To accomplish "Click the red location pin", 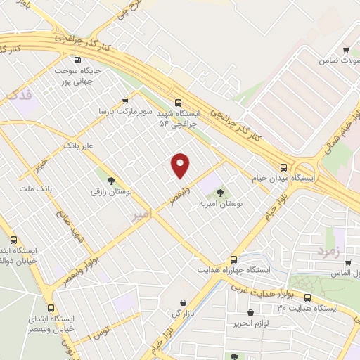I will (x=181, y=165).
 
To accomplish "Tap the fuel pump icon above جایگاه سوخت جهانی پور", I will (x=78, y=60).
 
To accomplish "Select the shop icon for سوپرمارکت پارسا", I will (x=125, y=101).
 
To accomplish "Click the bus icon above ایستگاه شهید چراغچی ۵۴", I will (x=179, y=101).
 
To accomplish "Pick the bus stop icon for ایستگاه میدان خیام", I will (x=283, y=167).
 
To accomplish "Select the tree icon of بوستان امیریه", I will (x=220, y=192).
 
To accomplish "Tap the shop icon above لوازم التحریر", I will (x=251, y=312).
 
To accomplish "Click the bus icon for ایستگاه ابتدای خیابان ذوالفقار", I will (x=13, y=239).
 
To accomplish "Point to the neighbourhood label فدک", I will (x=18, y=96).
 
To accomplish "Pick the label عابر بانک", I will (x=78, y=146).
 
